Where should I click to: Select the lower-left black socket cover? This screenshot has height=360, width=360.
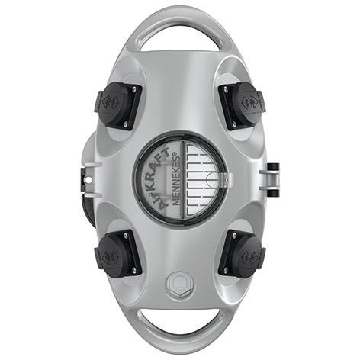(117, 254)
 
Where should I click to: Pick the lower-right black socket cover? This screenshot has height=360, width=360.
(242, 254)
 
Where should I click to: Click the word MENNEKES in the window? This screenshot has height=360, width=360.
(177, 181)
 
